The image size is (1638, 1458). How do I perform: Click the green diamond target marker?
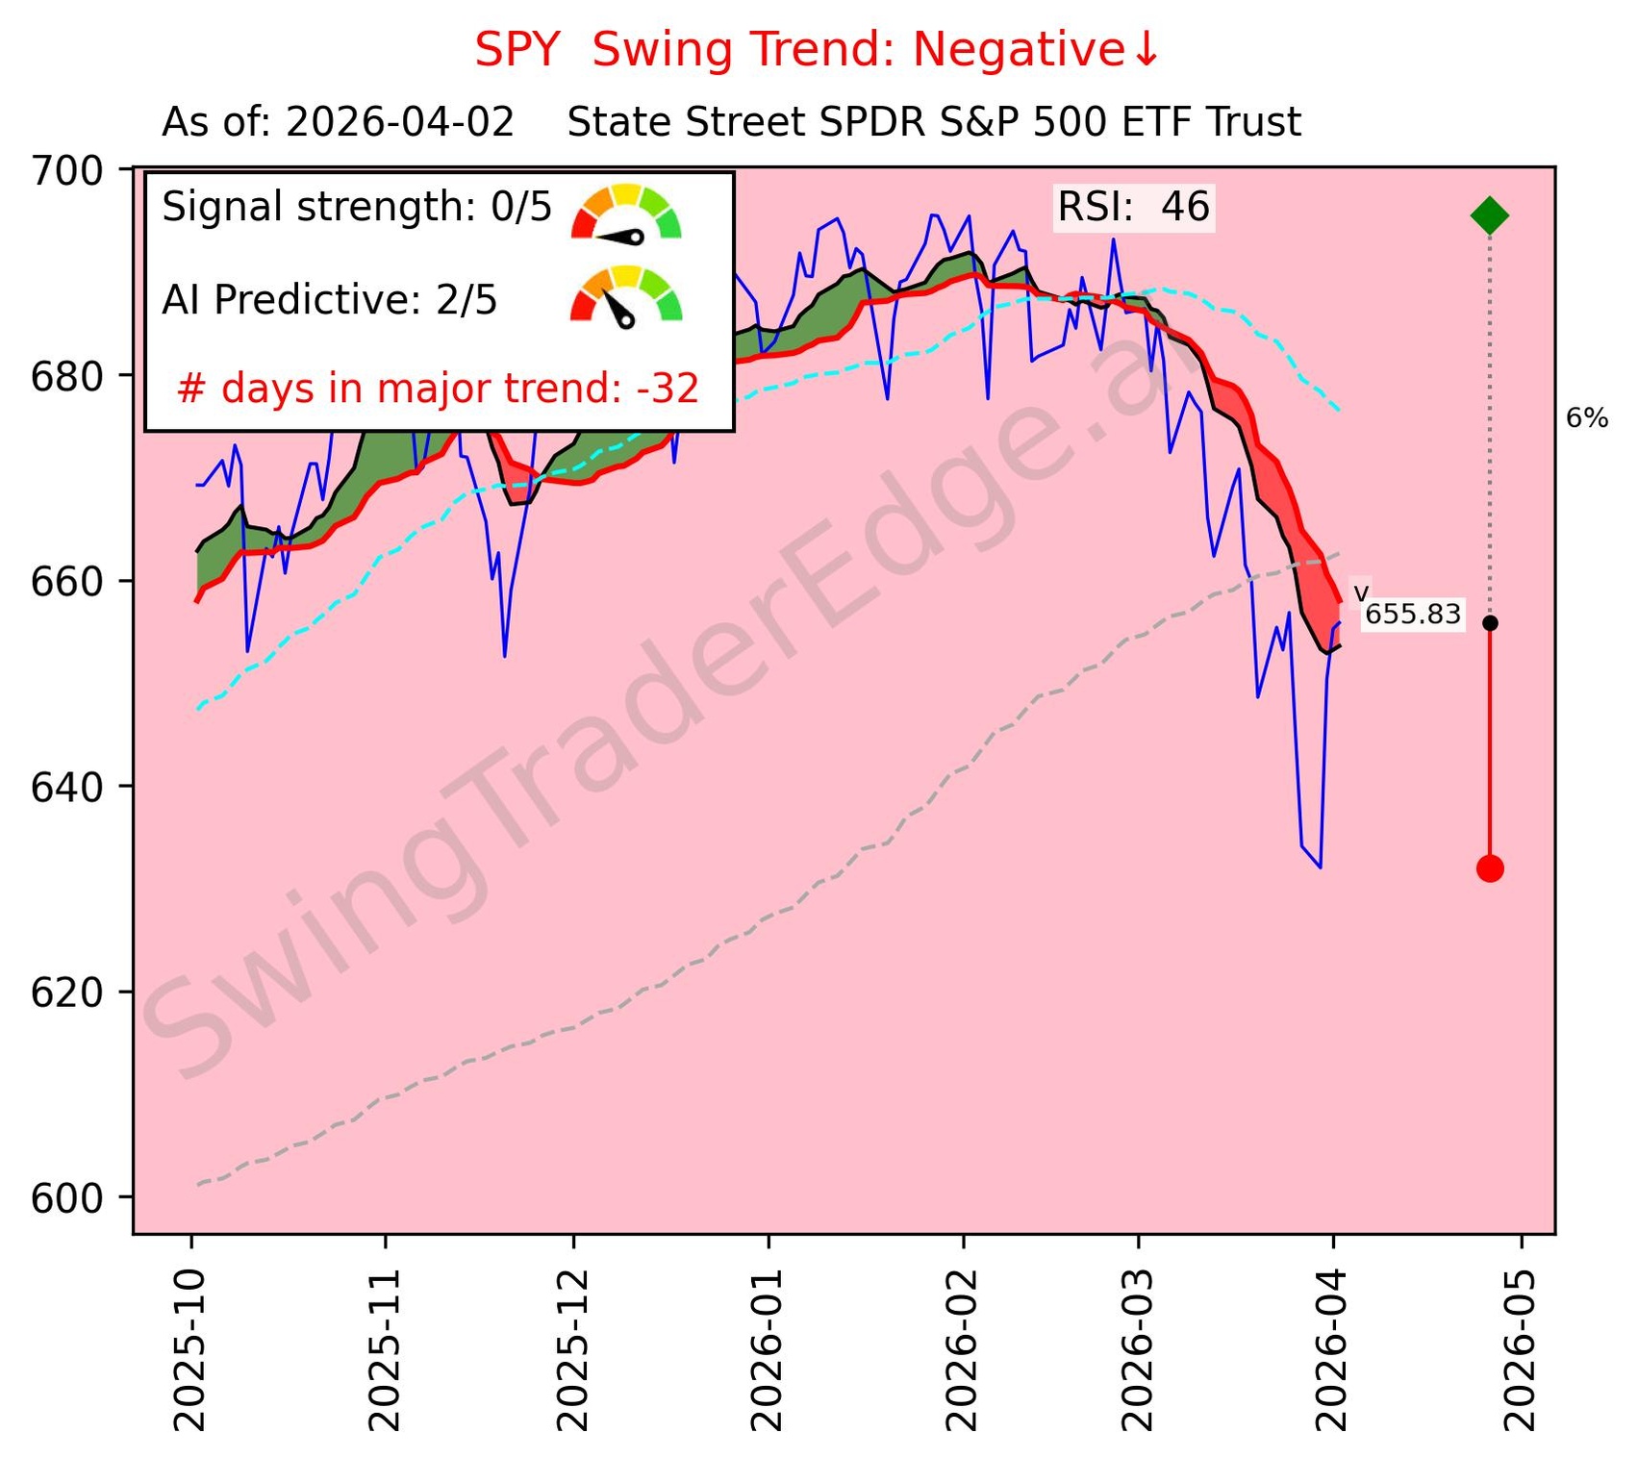(1489, 215)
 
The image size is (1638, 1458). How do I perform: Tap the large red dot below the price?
(1489, 868)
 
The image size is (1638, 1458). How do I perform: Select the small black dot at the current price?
(1489, 623)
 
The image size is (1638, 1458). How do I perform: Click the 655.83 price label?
(1412, 614)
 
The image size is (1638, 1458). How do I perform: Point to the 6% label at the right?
(1586, 417)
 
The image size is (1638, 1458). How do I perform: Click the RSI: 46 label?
(1133, 207)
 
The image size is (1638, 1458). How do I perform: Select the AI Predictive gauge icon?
(625, 295)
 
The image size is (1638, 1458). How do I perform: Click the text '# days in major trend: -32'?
(438, 389)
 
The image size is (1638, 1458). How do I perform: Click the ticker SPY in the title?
(517, 50)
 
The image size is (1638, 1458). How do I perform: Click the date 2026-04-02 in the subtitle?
(399, 123)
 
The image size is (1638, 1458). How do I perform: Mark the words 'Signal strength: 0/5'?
(357, 207)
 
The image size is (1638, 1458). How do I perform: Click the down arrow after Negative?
(1146, 50)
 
